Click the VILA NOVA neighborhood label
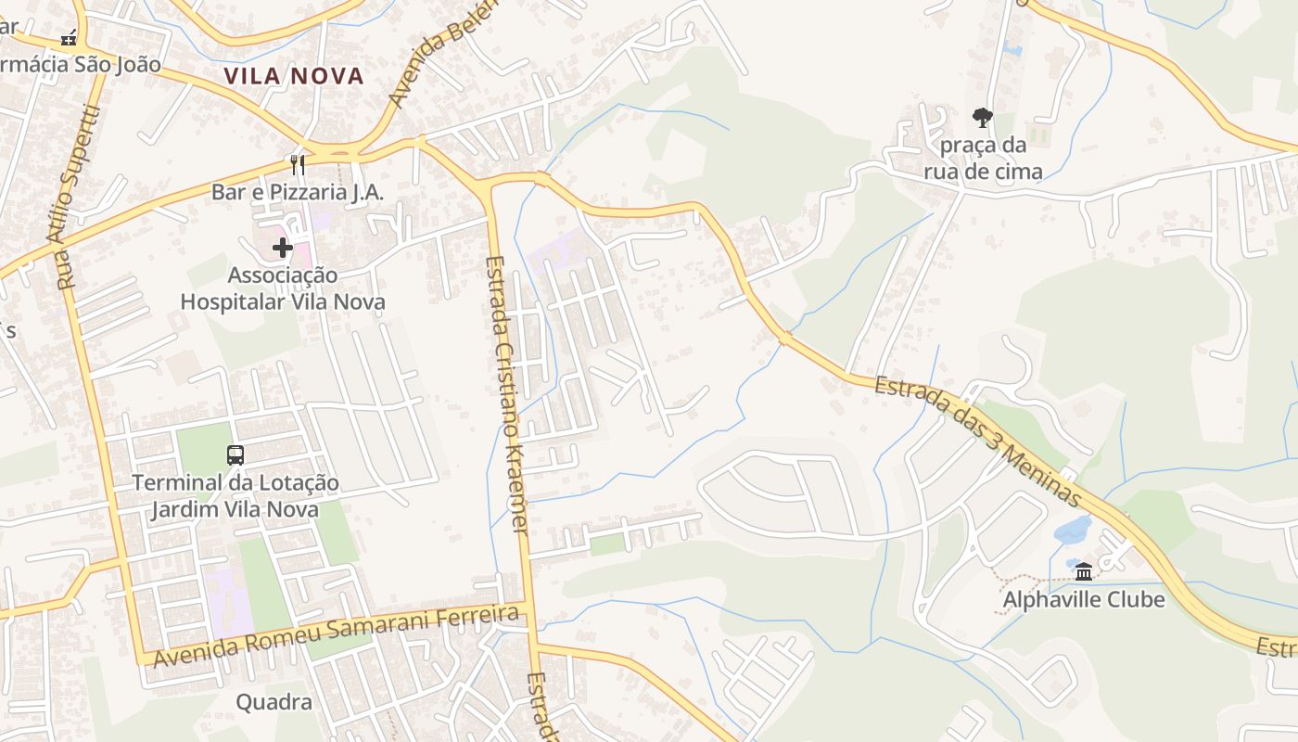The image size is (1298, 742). (294, 76)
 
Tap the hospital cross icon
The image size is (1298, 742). (283, 248)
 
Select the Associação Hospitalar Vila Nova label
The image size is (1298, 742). (283, 288)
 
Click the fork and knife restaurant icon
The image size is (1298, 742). (298, 165)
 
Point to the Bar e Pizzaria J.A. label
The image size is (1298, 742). (298, 192)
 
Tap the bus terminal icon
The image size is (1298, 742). (235, 455)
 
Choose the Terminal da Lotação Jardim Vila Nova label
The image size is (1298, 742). (235, 496)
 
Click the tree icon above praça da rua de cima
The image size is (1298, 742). (983, 118)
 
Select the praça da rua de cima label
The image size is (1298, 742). (983, 159)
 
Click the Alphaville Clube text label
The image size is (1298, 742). (1084, 600)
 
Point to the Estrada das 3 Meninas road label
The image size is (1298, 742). (978, 441)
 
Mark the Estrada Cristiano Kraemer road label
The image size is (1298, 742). (506, 394)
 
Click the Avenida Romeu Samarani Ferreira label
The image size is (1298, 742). (336, 635)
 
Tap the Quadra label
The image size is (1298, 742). (274, 702)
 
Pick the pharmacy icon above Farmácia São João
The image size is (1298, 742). (69, 38)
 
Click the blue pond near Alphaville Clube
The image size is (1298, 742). (1073, 530)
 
